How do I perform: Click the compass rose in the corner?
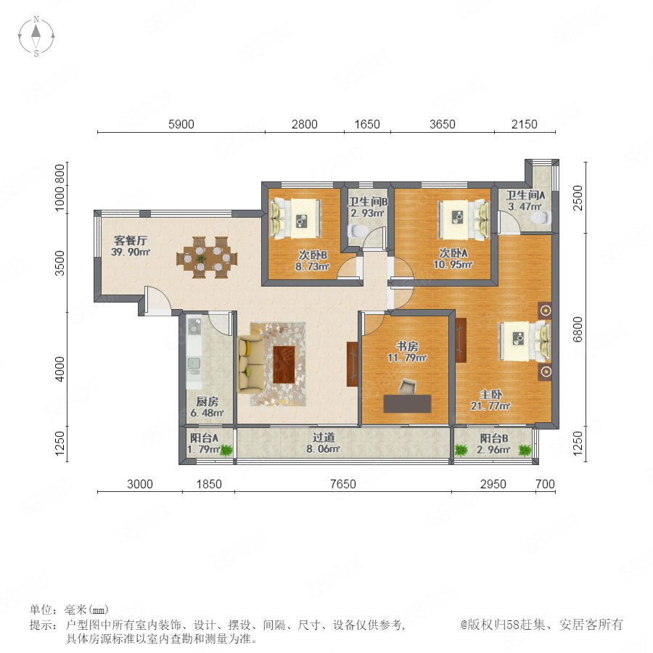(x=36, y=36)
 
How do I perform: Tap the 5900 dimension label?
(x=181, y=124)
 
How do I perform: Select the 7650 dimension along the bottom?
(x=342, y=484)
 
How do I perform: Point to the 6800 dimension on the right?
(x=578, y=329)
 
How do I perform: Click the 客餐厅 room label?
(x=131, y=241)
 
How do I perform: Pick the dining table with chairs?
(x=207, y=258)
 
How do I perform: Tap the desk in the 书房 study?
(x=407, y=403)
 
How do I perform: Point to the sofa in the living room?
(x=251, y=364)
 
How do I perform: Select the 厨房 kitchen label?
(x=207, y=401)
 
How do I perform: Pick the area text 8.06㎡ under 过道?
(x=323, y=449)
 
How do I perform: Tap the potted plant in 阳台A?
(x=226, y=450)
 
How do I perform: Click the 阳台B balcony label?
(x=494, y=438)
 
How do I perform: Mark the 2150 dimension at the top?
(x=524, y=124)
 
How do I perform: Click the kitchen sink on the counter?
(x=193, y=364)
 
